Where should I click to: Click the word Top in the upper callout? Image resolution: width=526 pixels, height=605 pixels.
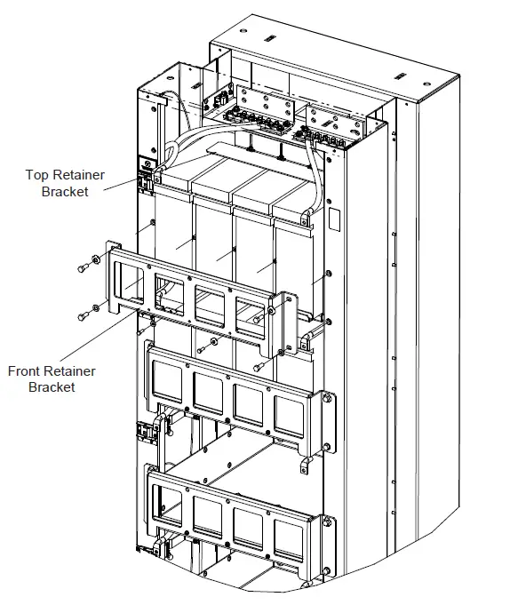39,175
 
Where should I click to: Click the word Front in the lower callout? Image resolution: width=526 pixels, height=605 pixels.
26,371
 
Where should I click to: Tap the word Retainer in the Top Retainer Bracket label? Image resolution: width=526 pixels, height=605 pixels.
83,175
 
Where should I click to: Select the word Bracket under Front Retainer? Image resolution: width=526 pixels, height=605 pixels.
52,386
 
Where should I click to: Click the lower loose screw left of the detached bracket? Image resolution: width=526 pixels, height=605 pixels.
83,314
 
